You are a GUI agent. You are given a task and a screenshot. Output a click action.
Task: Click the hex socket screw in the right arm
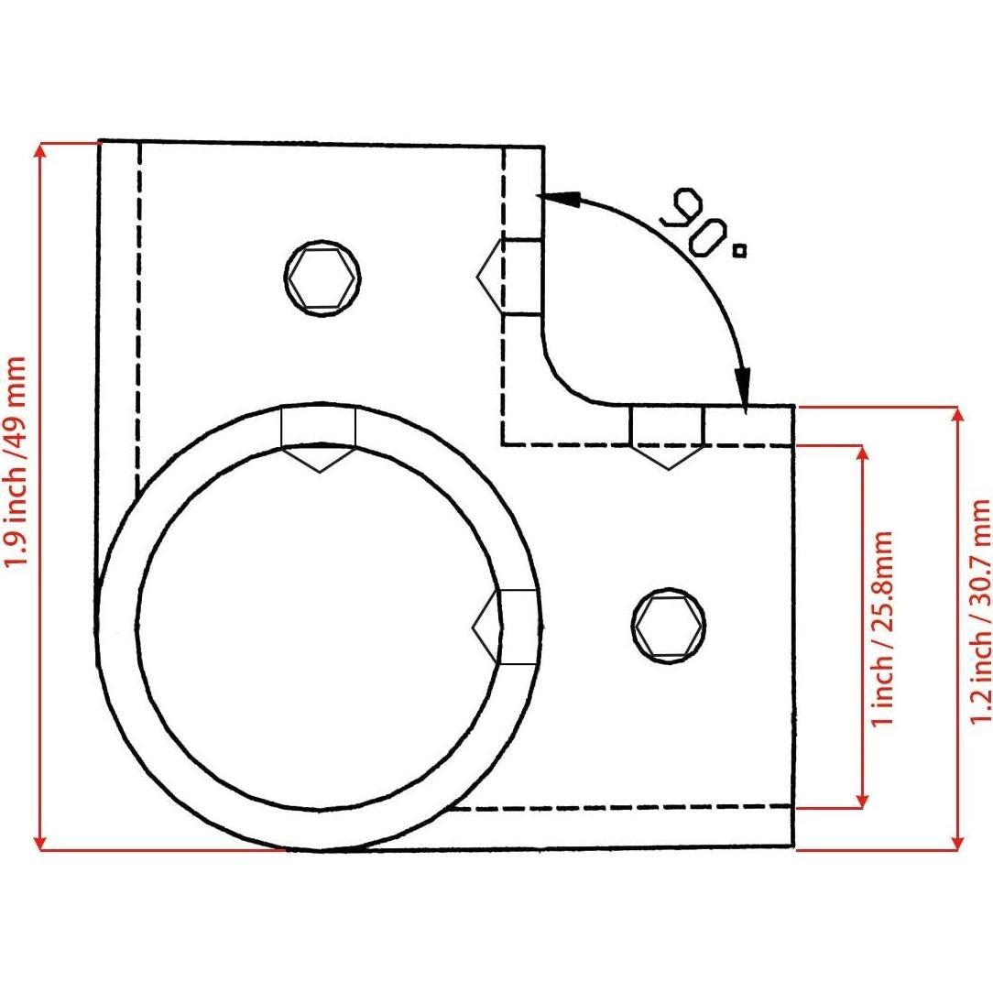(x=669, y=625)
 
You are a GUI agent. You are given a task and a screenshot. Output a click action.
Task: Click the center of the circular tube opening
(x=319, y=627)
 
